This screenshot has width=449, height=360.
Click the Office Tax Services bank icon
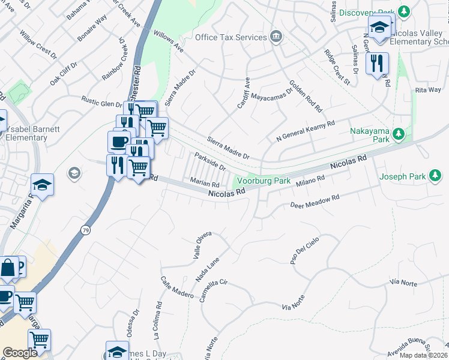click(x=276, y=37)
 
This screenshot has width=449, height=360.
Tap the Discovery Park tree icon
click(x=404, y=12)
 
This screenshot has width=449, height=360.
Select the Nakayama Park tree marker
click(x=397, y=135)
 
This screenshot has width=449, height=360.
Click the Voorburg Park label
click(x=264, y=180)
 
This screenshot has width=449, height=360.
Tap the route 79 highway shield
click(x=86, y=230)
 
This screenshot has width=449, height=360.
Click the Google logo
click(x=20, y=353)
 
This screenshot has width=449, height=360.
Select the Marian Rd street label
click(x=205, y=181)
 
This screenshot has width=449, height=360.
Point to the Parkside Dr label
click(x=209, y=161)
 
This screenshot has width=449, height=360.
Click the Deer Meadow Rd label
click(x=315, y=201)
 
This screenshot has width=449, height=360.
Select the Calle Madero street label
click(x=176, y=287)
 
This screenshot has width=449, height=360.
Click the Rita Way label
click(x=427, y=90)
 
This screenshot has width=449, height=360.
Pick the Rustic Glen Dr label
click(x=102, y=103)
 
